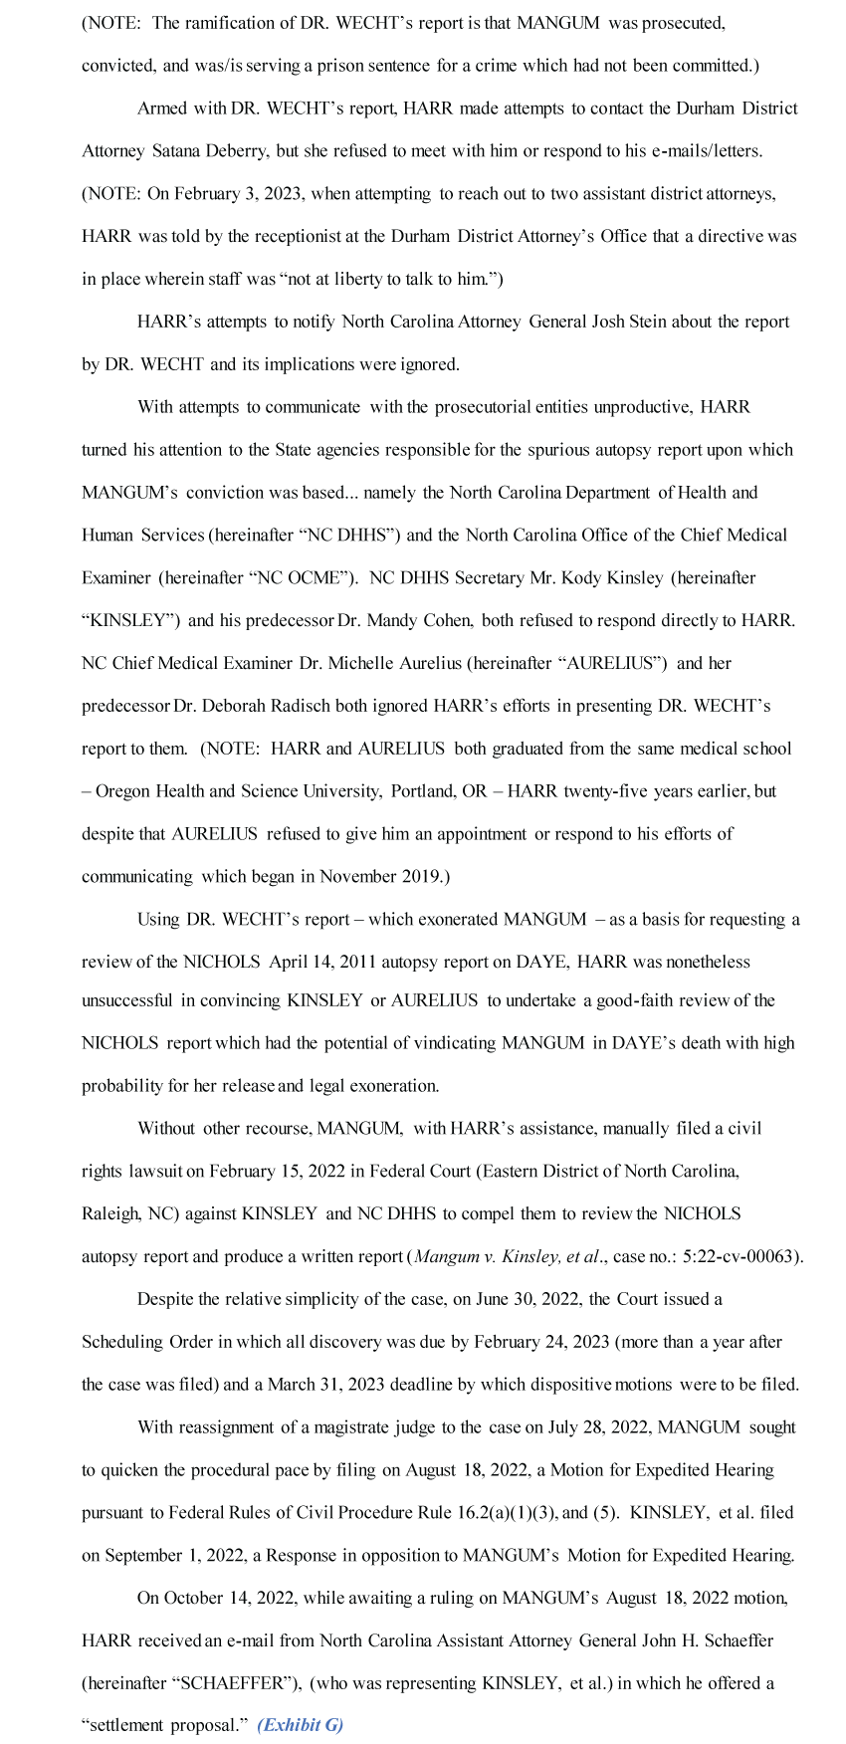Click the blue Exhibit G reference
tap(300, 1725)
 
